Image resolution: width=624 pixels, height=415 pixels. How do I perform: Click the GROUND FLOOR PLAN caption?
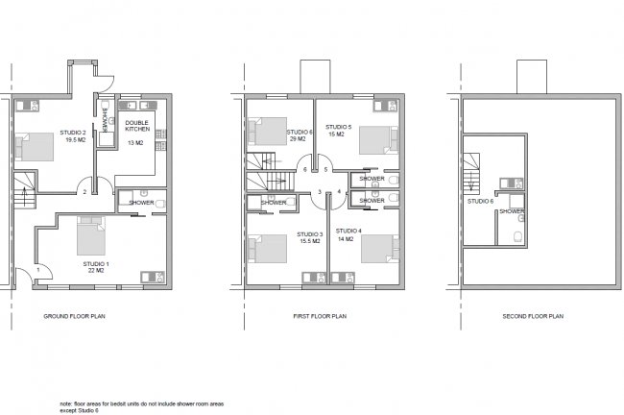pyautogui.click(x=75, y=316)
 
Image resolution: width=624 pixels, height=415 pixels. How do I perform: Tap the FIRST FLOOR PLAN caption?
pyautogui.click(x=320, y=316)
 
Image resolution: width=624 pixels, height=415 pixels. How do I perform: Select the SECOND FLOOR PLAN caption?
pyautogui.click(x=533, y=316)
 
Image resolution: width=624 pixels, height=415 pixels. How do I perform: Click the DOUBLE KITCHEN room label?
pyautogui.click(x=137, y=126)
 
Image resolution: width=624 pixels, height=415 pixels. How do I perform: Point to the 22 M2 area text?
pyautogui.click(x=96, y=271)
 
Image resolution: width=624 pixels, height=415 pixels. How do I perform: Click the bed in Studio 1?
pyautogui.click(x=91, y=235)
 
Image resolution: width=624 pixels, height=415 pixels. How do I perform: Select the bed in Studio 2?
pyautogui.click(x=35, y=147)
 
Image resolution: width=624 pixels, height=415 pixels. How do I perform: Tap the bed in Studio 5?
pyautogui.click(x=378, y=140)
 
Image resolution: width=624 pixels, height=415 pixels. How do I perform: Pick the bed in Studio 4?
pyautogui.click(x=380, y=249)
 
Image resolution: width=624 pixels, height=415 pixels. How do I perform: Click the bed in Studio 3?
pyautogui.click(x=268, y=249)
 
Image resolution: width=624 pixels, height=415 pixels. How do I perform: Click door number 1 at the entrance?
pyautogui.click(x=38, y=270)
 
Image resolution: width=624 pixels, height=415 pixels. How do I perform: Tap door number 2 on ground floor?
pyautogui.click(x=84, y=192)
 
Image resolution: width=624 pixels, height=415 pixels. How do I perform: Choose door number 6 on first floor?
pyautogui.click(x=305, y=170)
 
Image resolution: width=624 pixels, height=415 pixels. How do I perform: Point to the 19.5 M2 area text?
pyautogui.click(x=76, y=140)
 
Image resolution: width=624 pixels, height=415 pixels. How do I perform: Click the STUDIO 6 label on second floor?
pyautogui.click(x=480, y=201)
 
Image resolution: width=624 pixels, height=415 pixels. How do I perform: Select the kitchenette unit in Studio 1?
pyautogui.click(x=153, y=278)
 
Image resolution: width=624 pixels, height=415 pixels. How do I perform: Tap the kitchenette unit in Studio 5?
pyautogui.click(x=386, y=106)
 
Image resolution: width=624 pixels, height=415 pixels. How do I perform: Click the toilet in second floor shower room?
pyautogui.click(x=518, y=237)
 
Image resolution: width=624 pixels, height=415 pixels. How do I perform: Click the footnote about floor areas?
pyautogui.click(x=142, y=407)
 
